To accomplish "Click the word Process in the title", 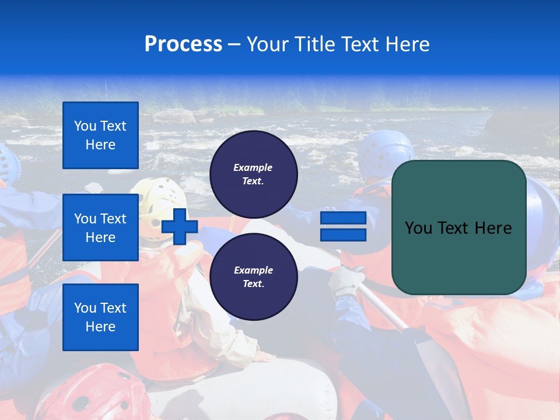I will (183, 44).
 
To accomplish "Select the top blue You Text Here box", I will (100, 135).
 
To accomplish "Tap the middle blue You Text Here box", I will (100, 228).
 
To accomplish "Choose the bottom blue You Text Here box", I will (100, 317).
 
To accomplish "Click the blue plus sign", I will (180, 226).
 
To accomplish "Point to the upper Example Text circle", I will (253, 174).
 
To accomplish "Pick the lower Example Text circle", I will (253, 276).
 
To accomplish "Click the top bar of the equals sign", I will (343, 218).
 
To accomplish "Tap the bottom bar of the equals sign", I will (343, 235).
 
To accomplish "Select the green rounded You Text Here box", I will (459, 228).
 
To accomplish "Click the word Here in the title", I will (408, 44).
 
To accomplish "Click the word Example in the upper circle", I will (253, 167).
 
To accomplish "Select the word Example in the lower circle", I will (253, 270).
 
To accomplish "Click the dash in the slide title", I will (234, 44).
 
